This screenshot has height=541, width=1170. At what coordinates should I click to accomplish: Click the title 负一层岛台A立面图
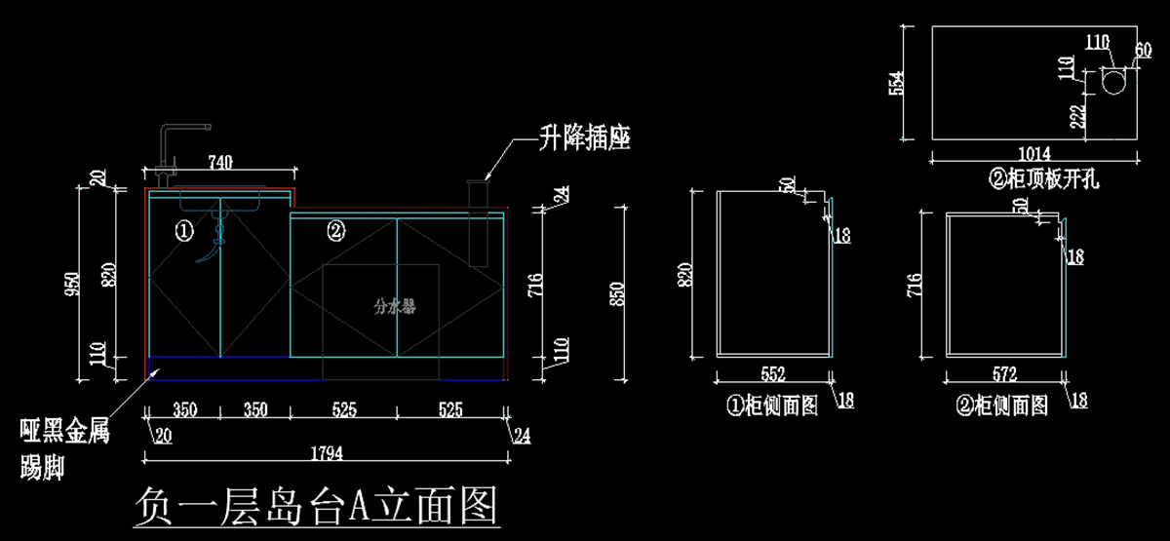pos(316,506)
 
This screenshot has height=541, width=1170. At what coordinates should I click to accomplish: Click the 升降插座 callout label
pos(585,138)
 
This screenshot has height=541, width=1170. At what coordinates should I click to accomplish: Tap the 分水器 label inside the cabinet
pos(394,306)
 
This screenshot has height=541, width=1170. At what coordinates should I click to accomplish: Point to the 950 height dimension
pos(70,282)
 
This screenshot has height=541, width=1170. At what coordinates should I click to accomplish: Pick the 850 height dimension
pos(615,293)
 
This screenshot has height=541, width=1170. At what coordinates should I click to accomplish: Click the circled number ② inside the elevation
pos(334,231)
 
